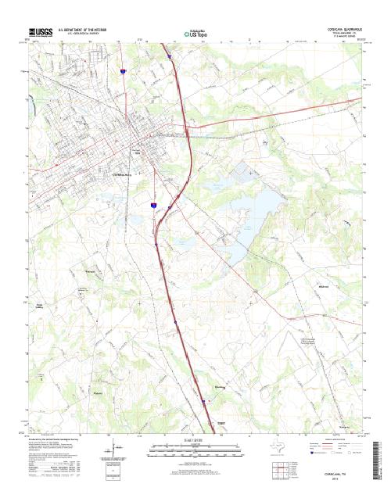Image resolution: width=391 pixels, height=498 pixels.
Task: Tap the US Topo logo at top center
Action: [195, 34]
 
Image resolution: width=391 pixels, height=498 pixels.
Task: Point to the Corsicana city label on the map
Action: [125, 174]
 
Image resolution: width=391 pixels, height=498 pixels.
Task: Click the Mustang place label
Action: [220, 385]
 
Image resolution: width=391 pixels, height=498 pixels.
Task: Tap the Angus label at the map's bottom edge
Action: [221, 422]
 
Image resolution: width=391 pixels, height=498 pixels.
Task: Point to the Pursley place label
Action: [98, 392]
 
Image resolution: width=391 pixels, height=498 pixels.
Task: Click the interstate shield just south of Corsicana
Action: [154, 205]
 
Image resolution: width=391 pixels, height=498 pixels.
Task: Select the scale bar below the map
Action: [195, 449]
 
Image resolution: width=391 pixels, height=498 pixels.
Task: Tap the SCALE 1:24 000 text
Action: [195, 441]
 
